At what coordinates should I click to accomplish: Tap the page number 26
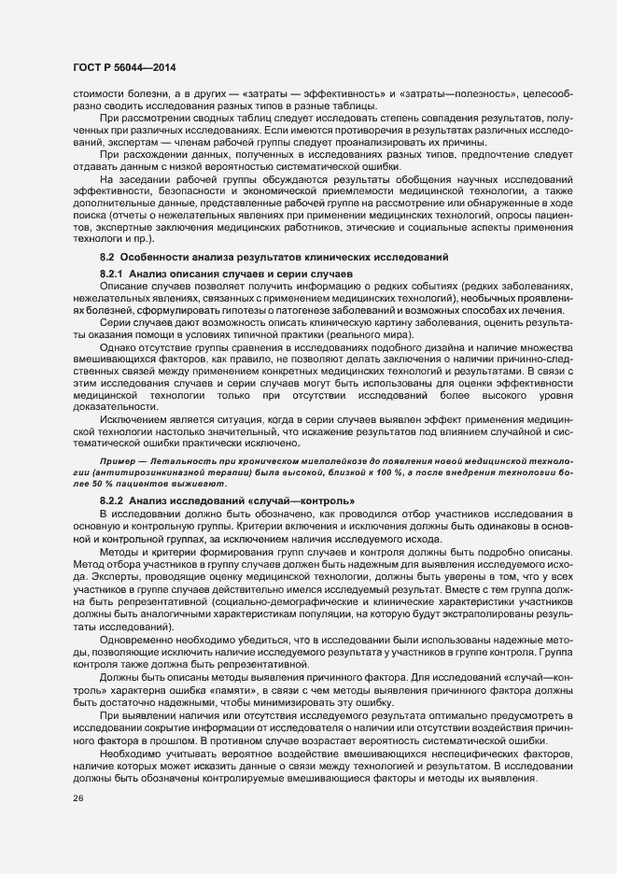coord(77,798)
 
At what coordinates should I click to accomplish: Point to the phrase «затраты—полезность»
coord(457,95)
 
